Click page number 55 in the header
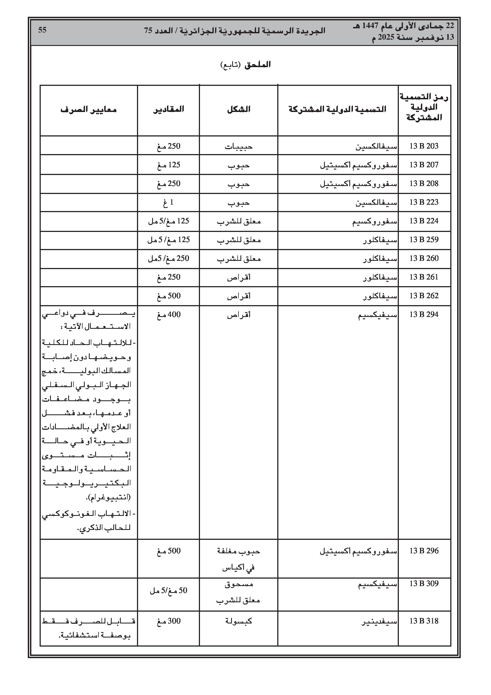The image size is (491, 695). coord(42,30)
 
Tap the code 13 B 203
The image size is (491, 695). coord(424,146)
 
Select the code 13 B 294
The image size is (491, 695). coord(424,314)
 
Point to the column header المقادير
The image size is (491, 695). coord(168,109)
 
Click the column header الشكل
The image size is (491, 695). coord(238,109)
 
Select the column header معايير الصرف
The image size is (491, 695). coord(88,109)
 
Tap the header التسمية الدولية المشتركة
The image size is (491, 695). coord(337,109)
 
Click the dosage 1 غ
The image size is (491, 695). coord(168,202)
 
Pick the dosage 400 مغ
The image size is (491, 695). coord(168,314)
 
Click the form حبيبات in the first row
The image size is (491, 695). coord(238,146)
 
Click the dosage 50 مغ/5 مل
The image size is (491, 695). coord(168,590)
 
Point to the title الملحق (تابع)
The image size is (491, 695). coord(245,65)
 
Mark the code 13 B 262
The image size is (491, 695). coord(424,296)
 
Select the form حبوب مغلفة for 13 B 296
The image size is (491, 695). coord(238,551)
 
